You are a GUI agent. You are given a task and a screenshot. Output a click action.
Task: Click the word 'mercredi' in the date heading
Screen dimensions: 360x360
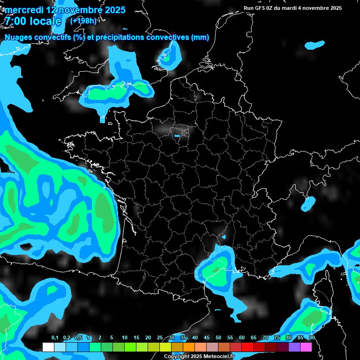coord(23,10)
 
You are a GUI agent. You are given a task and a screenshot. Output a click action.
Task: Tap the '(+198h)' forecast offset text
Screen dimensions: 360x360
coord(83,21)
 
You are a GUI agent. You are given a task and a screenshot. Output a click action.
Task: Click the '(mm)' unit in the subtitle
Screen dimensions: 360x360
coord(200,37)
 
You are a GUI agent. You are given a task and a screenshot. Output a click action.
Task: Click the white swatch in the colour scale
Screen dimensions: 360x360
coord(48,347)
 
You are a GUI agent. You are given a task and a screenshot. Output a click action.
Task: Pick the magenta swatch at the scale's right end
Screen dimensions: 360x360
coord(306,347)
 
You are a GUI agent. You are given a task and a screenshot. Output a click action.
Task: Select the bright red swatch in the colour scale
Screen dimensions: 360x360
coord(247,347)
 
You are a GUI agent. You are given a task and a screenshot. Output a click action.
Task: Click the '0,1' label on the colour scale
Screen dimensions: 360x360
coord(54,338)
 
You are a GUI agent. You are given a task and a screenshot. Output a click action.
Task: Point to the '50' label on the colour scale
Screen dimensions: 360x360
coord(218,338)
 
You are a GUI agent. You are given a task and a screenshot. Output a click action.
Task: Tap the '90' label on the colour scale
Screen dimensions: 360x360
coord(312,338)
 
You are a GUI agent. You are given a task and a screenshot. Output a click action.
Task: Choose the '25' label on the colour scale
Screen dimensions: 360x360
coord(160,338)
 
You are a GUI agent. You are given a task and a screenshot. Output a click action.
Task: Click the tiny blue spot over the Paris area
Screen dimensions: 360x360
coord(177,136)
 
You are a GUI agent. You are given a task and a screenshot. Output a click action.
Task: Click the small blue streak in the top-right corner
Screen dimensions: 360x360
coord(315,45)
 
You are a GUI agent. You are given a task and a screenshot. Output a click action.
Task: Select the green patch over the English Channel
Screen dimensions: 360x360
coord(108,93)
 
